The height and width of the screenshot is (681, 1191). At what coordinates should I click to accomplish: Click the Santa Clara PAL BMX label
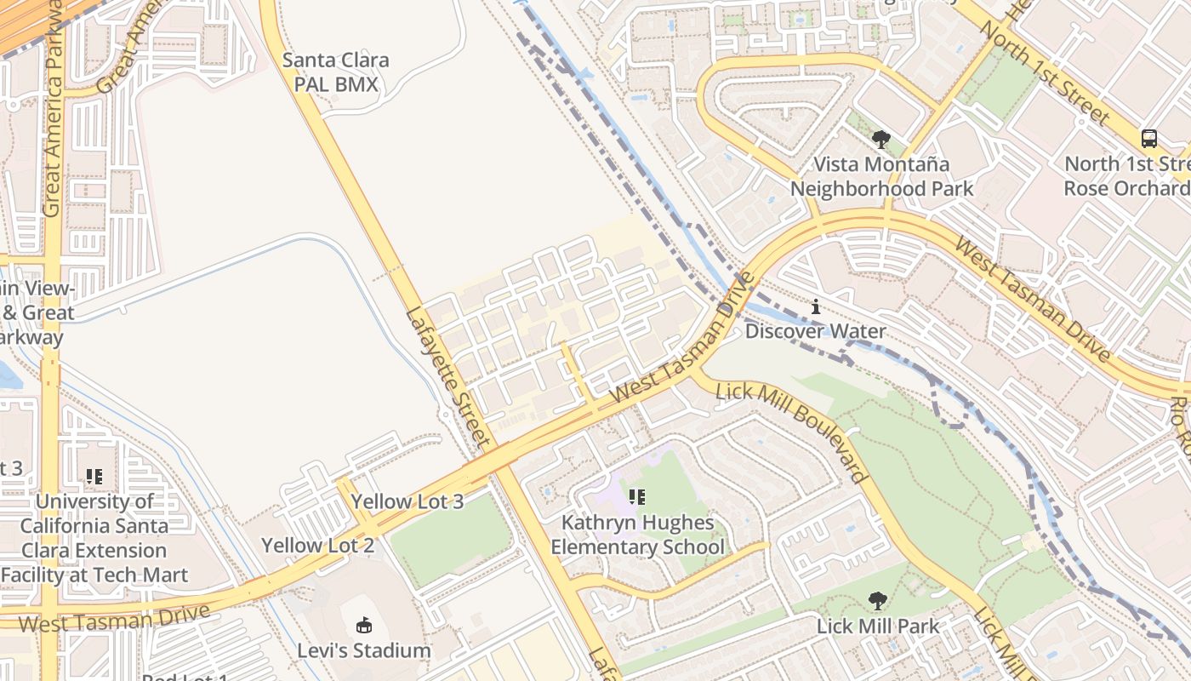tap(335, 72)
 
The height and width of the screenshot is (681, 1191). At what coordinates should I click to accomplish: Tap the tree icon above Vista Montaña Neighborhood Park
tap(881, 139)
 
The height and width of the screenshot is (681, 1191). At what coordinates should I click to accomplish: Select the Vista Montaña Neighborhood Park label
tap(881, 176)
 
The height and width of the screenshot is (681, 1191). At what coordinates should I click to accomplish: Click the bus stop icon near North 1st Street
tap(1148, 138)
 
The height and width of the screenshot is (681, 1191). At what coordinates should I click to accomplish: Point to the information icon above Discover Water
tap(816, 306)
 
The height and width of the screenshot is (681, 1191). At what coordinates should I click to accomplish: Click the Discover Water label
tap(815, 331)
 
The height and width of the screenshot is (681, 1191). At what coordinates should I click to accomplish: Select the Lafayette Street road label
tap(447, 376)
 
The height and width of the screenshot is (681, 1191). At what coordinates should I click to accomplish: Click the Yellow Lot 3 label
tap(407, 501)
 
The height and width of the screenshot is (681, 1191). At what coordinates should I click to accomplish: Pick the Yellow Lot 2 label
tap(317, 546)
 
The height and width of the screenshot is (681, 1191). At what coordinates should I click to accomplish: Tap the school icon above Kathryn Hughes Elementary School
tap(636, 497)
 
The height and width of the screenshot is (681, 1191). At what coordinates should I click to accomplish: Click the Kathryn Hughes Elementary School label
tap(637, 535)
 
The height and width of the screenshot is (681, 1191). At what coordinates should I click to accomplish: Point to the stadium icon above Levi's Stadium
tap(364, 626)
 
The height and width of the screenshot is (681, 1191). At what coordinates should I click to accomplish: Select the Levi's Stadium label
tap(364, 651)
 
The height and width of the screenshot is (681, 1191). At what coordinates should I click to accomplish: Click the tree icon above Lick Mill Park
tap(877, 601)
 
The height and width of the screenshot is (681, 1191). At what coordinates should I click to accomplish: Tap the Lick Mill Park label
tap(878, 627)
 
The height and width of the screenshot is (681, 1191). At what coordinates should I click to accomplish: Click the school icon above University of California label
tap(94, 477)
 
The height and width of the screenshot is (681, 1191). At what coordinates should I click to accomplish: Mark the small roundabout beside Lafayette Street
tap(446, 415)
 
